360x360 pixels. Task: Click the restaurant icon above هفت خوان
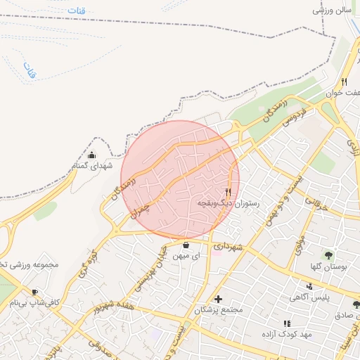click(x=345, y=81)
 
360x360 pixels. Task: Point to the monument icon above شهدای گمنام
click(x=91, y=155)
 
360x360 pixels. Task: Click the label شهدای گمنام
click(x=92, y=166)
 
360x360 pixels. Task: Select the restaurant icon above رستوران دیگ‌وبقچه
click(x=228, y=192)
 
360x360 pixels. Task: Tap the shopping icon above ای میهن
click(x=186, y=245)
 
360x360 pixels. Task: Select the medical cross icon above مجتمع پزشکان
click(x=218, y=300)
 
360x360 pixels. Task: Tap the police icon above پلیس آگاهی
click(x=309, y=285)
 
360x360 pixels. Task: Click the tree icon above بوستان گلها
click(x=329, y=254)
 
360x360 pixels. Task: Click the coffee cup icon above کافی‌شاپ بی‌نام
click(x=34, y=292)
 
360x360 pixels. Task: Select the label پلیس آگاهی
click(x=309, y=297)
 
